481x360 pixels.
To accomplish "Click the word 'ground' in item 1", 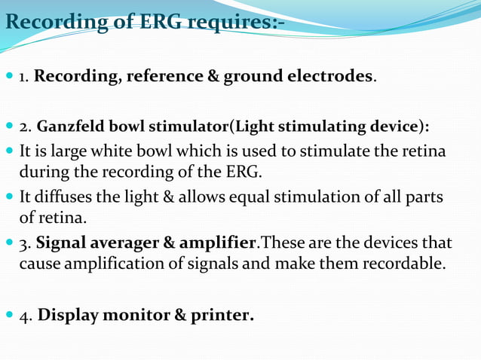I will (x=249, y=77).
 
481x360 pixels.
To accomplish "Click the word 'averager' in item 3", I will (x=127, y=244).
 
